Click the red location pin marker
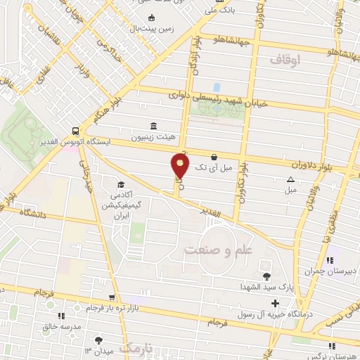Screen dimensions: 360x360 pyautogui.click(x=180, y=167)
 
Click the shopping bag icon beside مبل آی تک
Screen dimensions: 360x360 pyautogui.click(x=214, y=157)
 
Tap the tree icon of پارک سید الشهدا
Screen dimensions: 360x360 pyautogui.click(x=267, y=276)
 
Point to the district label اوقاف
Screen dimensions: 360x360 pyautogui.click(x=284, y=61)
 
